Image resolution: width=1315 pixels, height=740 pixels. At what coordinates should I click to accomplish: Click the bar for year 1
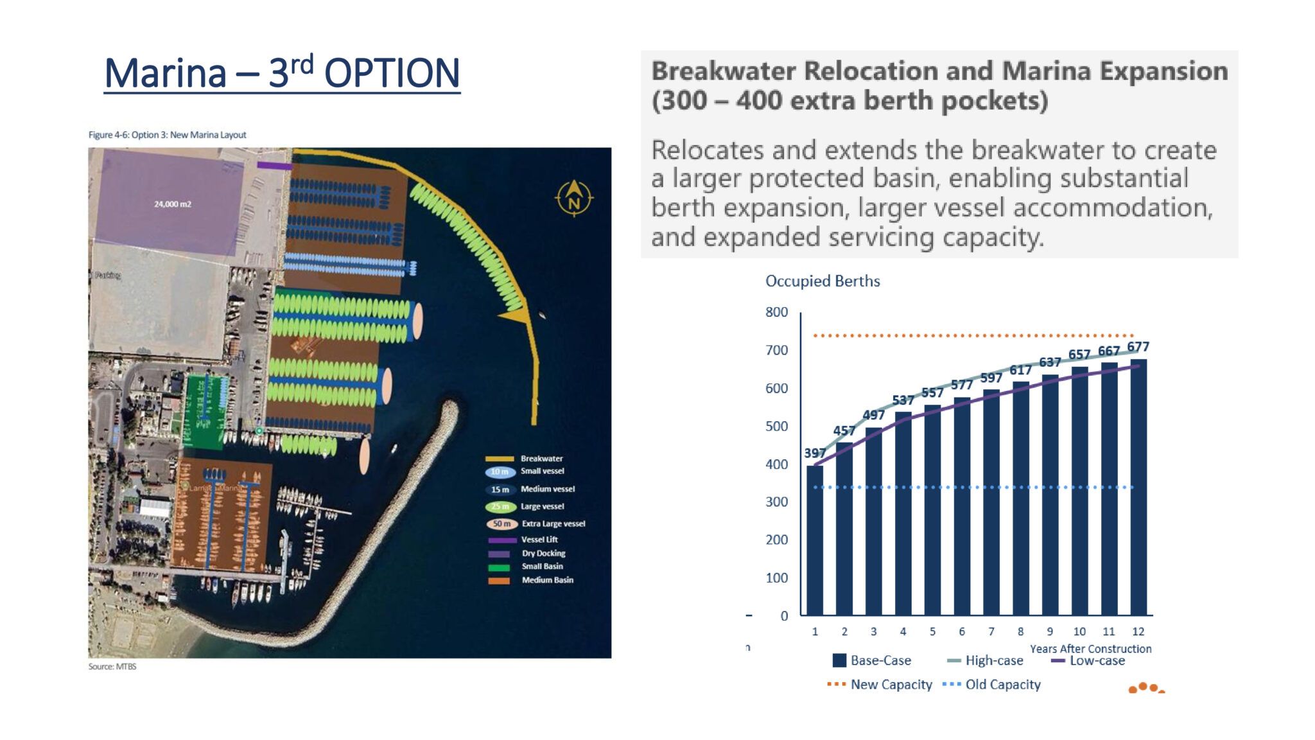tap(815, 540)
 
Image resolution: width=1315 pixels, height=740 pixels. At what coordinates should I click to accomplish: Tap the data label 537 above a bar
tap(903, 400)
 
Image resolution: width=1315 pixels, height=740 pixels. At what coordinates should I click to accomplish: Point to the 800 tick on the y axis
tap(776, 312)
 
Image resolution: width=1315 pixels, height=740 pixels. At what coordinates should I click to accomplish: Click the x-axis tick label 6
tap(961, 631)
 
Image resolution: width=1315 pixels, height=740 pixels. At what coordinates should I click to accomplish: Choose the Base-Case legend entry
tap(871, 660)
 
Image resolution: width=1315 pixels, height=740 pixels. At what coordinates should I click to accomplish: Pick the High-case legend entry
tap(985, 660)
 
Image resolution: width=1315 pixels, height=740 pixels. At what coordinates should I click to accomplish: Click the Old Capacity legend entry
tap(992, 685)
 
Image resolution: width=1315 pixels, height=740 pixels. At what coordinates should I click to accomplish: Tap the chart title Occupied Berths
tap(822, 281)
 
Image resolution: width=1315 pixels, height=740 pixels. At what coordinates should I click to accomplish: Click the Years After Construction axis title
tap(1090, 649)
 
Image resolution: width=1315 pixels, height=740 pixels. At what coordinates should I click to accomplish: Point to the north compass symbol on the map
tap(573, 198)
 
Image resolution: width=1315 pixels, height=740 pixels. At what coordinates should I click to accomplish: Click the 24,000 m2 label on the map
tap(172, 204)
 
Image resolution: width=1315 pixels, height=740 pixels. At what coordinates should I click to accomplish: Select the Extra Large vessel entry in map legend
tap(553, 524)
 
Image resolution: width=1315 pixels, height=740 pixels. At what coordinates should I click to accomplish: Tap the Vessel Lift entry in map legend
tap(539, 540)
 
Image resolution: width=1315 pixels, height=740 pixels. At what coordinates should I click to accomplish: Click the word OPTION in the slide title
tap(392, 73)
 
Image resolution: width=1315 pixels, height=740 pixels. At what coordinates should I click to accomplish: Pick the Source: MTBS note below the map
tap(112, 667)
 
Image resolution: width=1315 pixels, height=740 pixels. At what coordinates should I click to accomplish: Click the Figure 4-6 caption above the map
tap(167, 135)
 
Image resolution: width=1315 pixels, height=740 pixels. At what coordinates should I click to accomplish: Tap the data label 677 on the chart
tap(1138, 347)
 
